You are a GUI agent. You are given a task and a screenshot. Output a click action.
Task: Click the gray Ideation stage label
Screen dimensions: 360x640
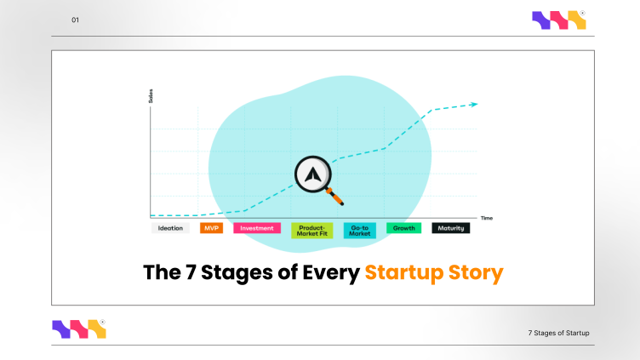170,228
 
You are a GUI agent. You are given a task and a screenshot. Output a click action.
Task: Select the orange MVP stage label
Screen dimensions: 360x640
211,228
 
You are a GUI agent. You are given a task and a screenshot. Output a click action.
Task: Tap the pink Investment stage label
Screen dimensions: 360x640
257,228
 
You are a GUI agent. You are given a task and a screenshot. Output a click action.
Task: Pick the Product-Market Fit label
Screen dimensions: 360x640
311,230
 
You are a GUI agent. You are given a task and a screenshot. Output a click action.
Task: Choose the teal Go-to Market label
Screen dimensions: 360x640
361,230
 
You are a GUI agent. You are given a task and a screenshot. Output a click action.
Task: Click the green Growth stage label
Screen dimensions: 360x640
403,228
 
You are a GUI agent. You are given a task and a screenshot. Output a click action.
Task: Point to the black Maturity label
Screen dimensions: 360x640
451,228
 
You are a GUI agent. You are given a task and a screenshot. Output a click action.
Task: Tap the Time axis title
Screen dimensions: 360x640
486,218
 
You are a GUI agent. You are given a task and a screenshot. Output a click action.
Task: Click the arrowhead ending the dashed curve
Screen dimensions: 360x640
474,105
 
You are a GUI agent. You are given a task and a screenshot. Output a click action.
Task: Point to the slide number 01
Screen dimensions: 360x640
75,20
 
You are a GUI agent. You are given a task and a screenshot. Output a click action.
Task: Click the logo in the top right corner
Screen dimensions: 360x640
558,20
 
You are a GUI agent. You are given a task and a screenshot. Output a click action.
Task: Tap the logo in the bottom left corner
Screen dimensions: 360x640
79,329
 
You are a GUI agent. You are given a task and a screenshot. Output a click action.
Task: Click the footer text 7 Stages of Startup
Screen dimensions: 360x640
558,332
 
